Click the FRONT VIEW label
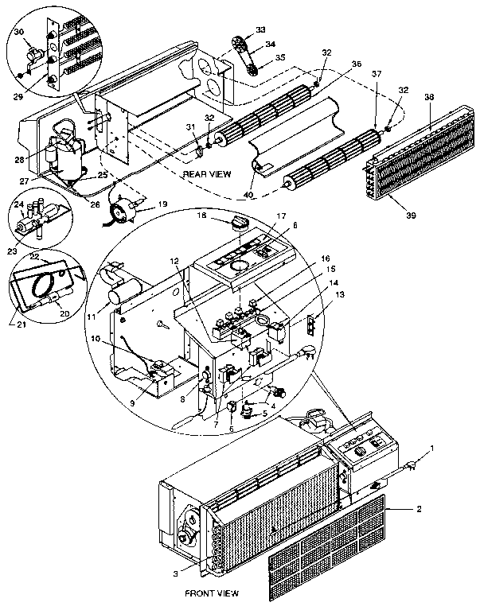212,593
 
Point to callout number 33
260,29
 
